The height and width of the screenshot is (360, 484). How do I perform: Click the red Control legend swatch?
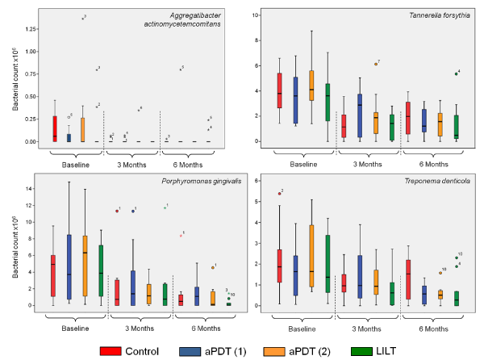pyautogui.click(x=110, y=349)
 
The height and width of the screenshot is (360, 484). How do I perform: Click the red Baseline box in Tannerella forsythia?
pyautogui.click(x=279, y=90)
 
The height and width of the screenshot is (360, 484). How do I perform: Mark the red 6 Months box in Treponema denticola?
pyautogui.click(x=407, y=278)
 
